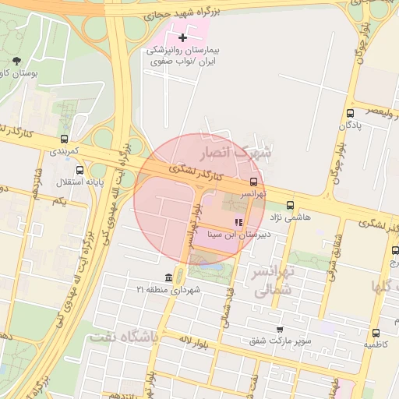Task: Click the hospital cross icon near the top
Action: tap(183, 37)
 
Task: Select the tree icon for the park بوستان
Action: tap(18, 62)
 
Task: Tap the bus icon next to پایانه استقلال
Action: tap(79, 170)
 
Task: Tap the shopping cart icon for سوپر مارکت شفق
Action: tap(280, 330)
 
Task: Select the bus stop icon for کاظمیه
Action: tap(376, 332)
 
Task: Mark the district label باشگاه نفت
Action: tap(124, 337)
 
